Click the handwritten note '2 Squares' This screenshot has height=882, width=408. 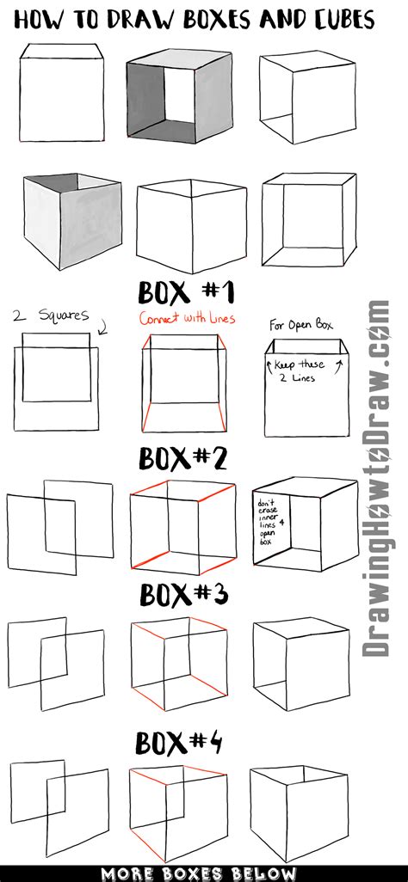50,315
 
